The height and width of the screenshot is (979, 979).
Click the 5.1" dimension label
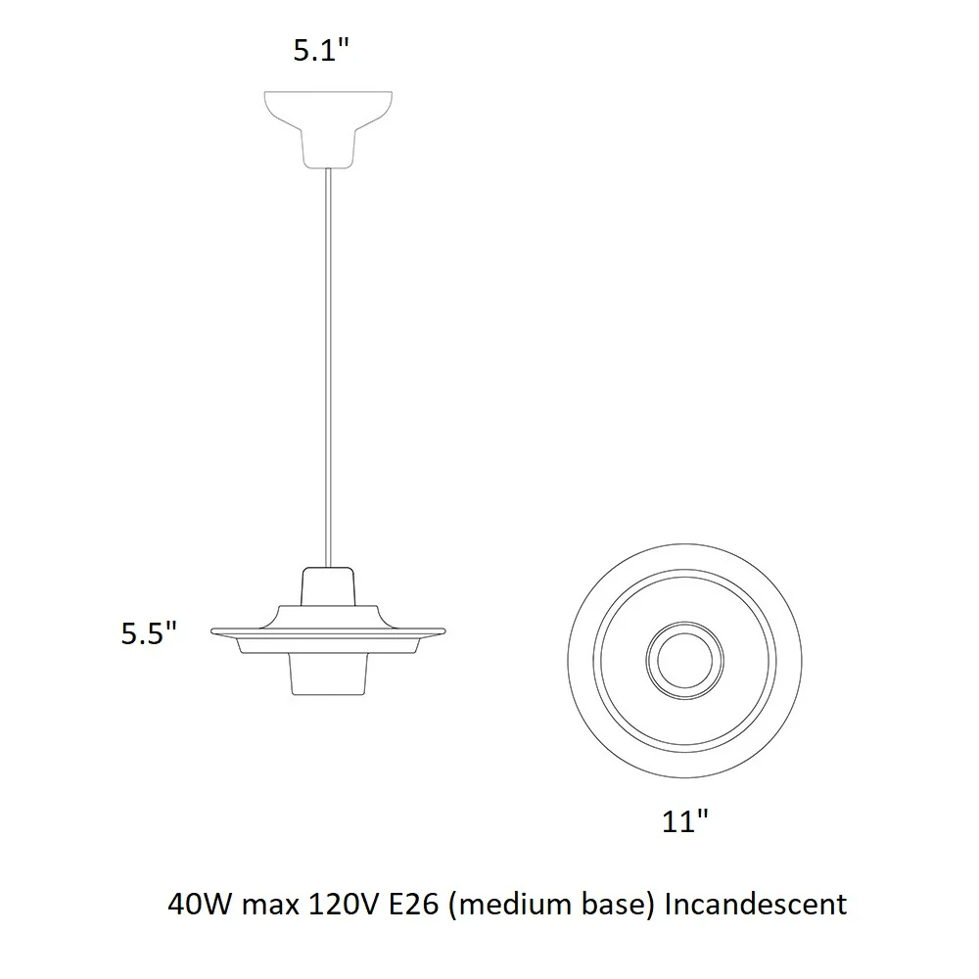click(x=321, y=50)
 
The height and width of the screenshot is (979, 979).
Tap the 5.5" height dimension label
click(x=149, y=633)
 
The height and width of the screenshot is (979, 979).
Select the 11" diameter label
click(x=685, y=821)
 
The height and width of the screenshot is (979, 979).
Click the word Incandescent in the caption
click(x=756, y=904)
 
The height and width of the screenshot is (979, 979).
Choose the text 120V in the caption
click(x=343, y=904)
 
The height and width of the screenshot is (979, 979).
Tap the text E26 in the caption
click(x=414, y=904)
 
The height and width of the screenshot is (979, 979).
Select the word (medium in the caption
click(x=511, y=906)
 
